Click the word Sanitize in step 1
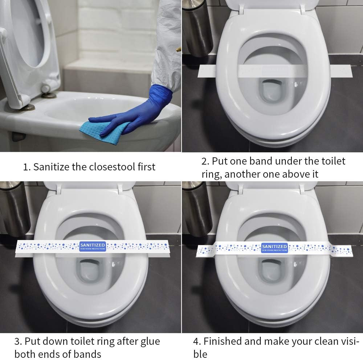pyautogui.click(x=53, y=167)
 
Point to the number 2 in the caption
pyautogui.click(x=204, y=161)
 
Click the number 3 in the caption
pyautogui.click(x=17, y=342)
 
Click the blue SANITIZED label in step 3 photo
pyautogui.click(x=92, y=247)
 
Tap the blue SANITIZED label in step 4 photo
pyautogui.click(x=274, y=248)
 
